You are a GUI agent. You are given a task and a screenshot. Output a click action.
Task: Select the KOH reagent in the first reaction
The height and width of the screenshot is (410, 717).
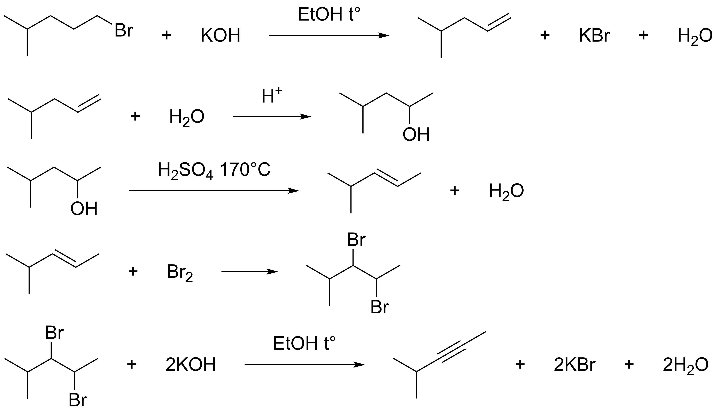pyautogui.click(x=220, y=36)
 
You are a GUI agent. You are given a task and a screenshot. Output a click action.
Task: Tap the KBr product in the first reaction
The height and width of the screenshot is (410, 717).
pyautogui.click(x=594, y=36)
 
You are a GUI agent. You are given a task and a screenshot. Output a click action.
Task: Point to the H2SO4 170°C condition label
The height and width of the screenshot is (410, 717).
pyautogui.click(x=214, y=170)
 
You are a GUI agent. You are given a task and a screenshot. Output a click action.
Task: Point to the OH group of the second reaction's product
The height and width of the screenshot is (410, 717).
pyautogui.click(x=416, y=135)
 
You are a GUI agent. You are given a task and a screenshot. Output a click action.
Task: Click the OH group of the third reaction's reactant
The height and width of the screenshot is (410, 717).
pyautogui.click(x=84, y=209)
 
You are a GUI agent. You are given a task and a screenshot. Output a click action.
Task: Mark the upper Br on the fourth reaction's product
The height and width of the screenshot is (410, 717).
pyautogui.click(x=356, y=240)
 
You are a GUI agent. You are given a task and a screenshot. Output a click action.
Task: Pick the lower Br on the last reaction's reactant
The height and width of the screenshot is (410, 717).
pyautogui.click(x=78, y=400)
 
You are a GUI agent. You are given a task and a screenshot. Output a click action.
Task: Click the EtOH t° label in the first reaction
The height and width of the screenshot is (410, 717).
pyautogui.click(x=329, y=15)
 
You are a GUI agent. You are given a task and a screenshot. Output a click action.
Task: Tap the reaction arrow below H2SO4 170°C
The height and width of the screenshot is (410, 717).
pyautogui.click(x=214, y=191)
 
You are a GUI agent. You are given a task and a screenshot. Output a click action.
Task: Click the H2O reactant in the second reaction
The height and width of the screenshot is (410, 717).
pyautogui.click(x=187, y=117)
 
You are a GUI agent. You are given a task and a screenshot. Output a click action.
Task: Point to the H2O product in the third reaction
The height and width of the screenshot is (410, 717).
pyautogui.click(x=506, y=191)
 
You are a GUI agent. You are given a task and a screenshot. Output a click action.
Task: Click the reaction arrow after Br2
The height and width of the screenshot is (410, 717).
pyautogui.click(x=249, y=272)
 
